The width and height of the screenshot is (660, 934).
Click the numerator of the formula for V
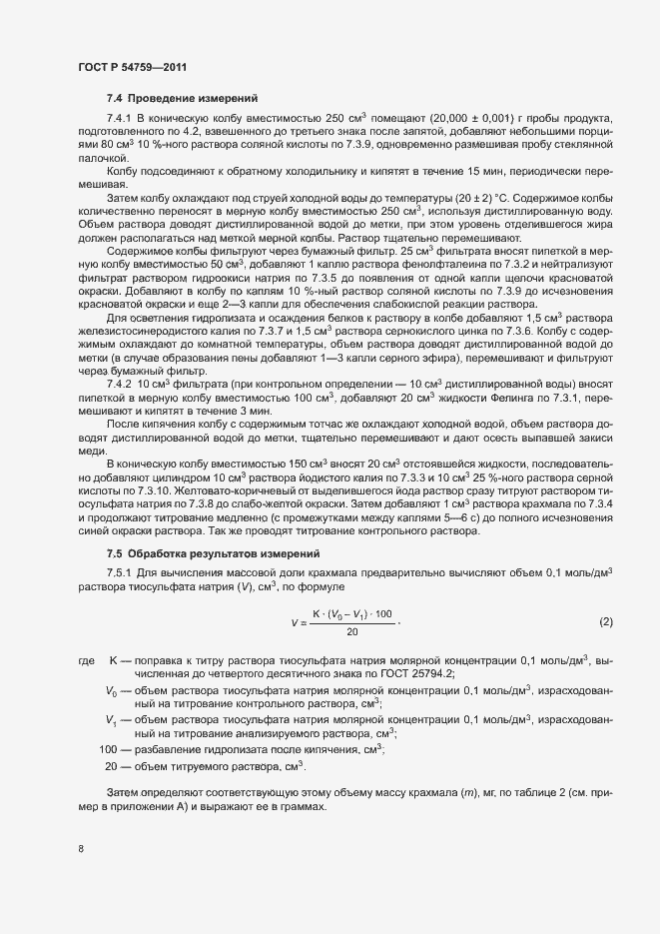click(x=352, y=611)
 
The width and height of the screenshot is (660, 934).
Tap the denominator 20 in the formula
click(x=351, y=630)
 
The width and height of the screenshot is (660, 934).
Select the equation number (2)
click(x=605, y=621)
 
